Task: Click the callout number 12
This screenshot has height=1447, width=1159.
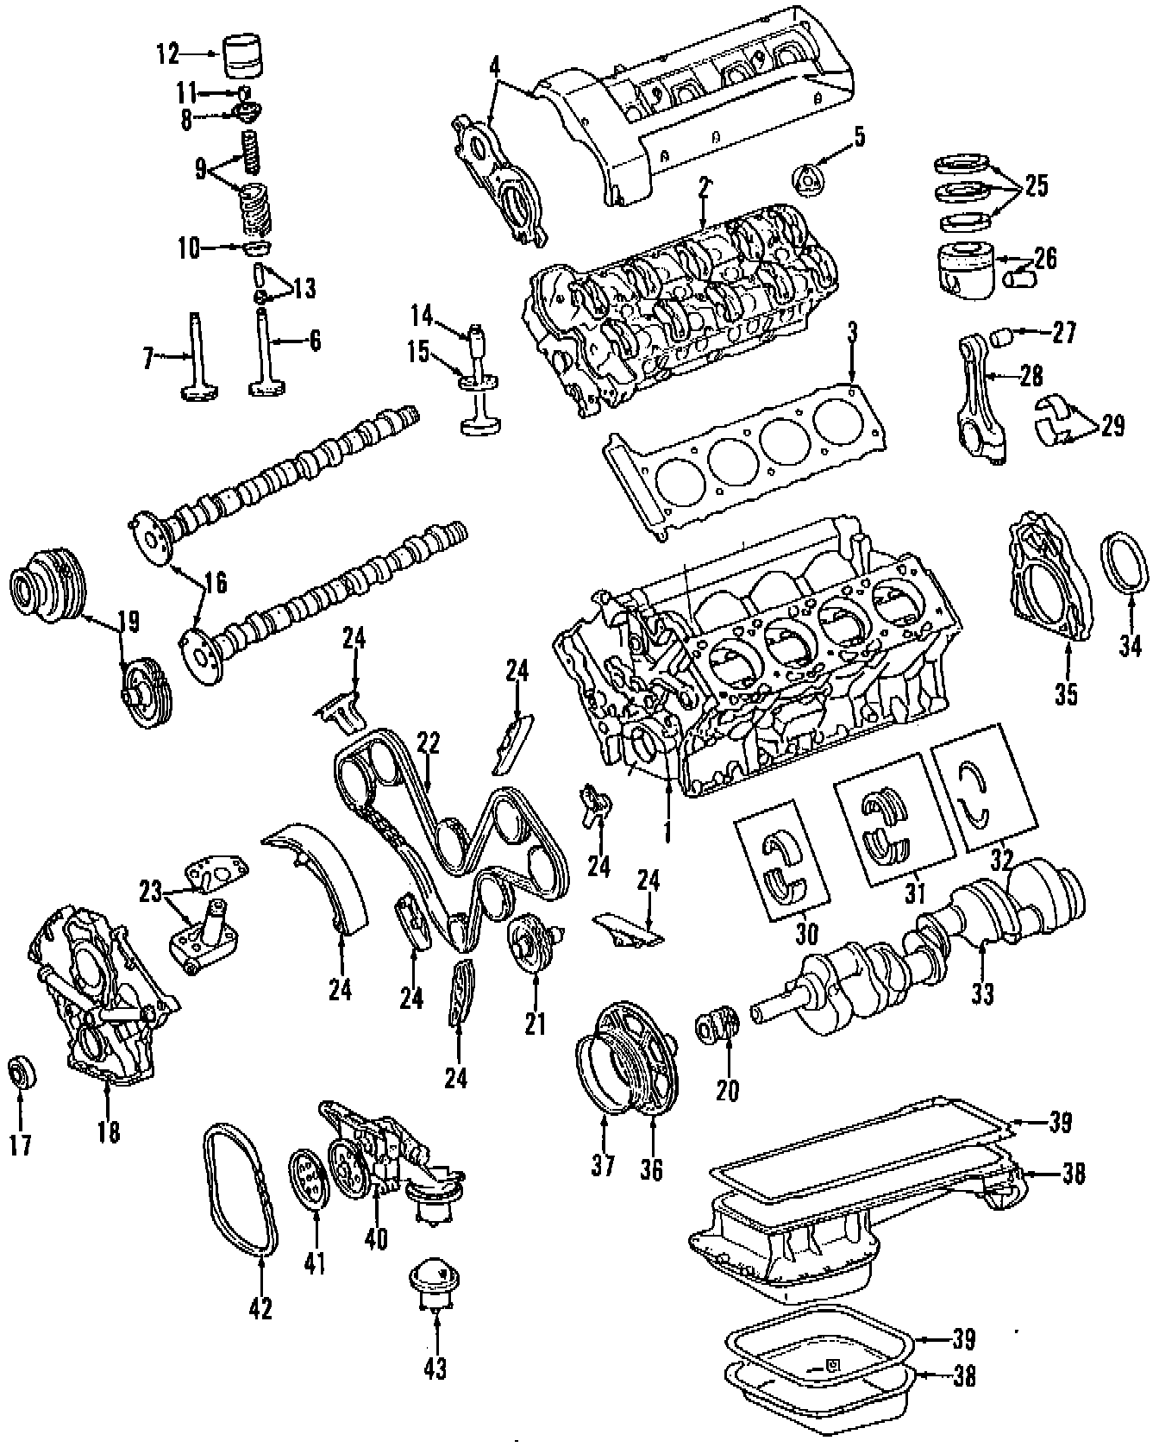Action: point(168,55)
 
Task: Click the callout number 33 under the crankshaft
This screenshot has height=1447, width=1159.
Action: point(982,993)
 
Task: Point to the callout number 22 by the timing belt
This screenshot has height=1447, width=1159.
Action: point(429,742)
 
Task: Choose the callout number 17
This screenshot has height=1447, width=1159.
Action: point(20,1143)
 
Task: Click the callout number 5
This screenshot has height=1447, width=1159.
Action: point(859,136)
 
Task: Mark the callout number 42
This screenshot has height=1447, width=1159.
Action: point(260,1307)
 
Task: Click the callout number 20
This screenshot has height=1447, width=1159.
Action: point(728,1090)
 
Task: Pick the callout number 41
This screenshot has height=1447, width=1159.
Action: point(316,1264)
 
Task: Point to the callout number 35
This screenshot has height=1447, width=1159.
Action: point(1067,693)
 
